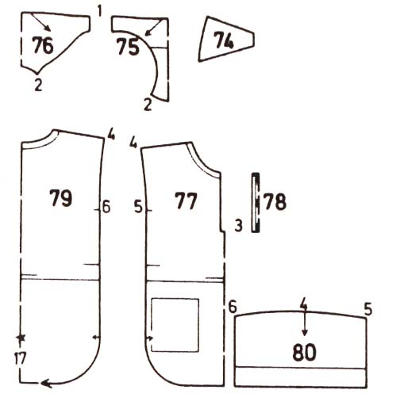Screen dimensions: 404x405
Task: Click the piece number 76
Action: click(x=43, y=45)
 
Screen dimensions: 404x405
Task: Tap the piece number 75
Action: click(x=128, y=47)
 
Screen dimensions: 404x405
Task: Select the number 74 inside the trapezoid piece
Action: click(x=224, y=40)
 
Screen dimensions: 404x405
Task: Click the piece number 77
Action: click(x=186, y=201)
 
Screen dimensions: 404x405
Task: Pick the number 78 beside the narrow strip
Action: click(x=275, y=202)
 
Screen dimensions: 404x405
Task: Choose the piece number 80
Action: click(x=305, y=352)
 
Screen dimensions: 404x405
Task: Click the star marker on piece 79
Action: click(x=21, y=338)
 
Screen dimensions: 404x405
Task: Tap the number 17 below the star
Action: click(x=20, y=358)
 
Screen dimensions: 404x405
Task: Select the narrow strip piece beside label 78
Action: click(x=256, y=203)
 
